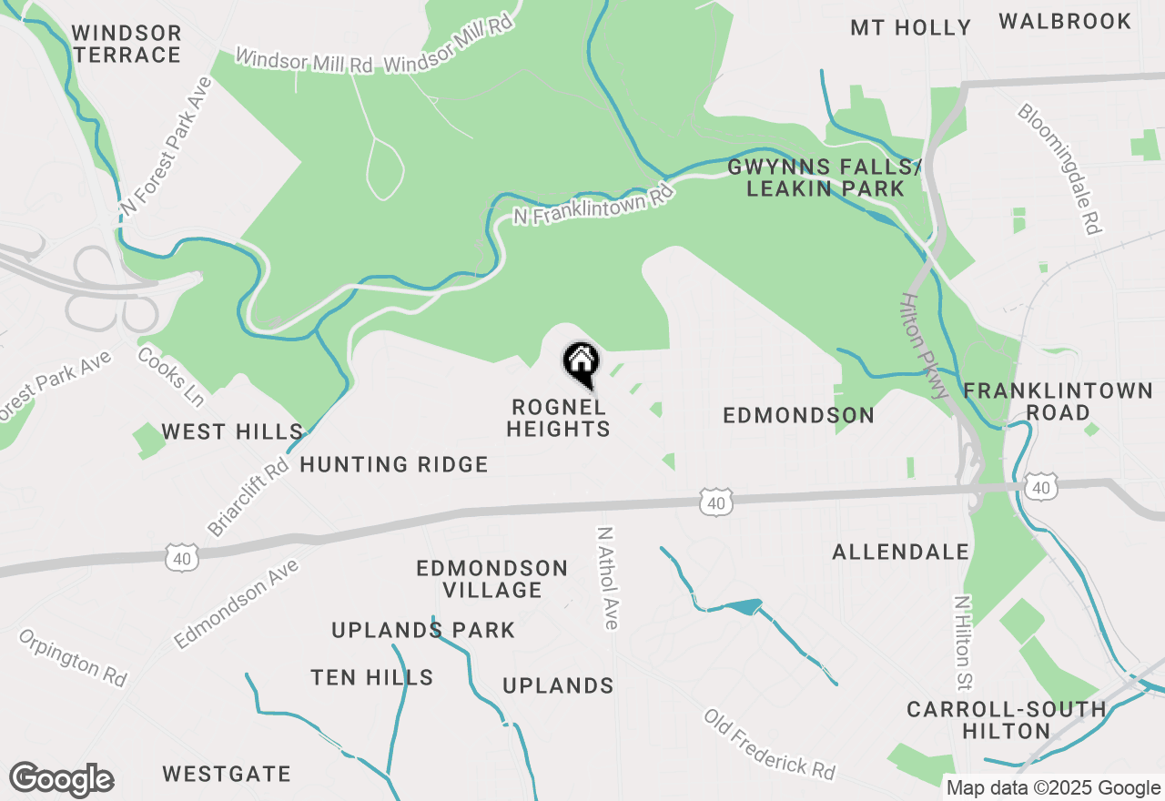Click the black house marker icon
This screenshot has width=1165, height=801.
pos(581,363)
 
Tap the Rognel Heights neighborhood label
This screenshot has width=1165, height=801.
pos(558,418)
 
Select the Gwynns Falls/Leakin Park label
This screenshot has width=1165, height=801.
pos(825,177)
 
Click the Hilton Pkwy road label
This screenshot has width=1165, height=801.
pos(926,346)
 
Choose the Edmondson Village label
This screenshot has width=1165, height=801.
pos(492,579)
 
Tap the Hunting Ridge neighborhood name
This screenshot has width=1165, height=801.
pos(394,465)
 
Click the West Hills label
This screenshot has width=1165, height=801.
pos(232,431)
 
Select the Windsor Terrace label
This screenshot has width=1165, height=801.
pos(127,44)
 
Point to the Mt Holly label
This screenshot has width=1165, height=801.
pos(911,28)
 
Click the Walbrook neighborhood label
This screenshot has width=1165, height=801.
pos(1065,21)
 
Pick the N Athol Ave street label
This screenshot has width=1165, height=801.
pos(607,577)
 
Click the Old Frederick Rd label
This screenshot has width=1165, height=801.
pos(769,744)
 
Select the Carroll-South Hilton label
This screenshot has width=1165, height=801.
pos(1007,720)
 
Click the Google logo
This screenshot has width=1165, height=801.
pos(61,780)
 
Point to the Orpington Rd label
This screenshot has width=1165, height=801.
pos(73,657)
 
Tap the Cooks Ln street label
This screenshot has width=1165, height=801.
pos(170,375)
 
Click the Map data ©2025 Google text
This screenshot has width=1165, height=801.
pos(1053,788)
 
